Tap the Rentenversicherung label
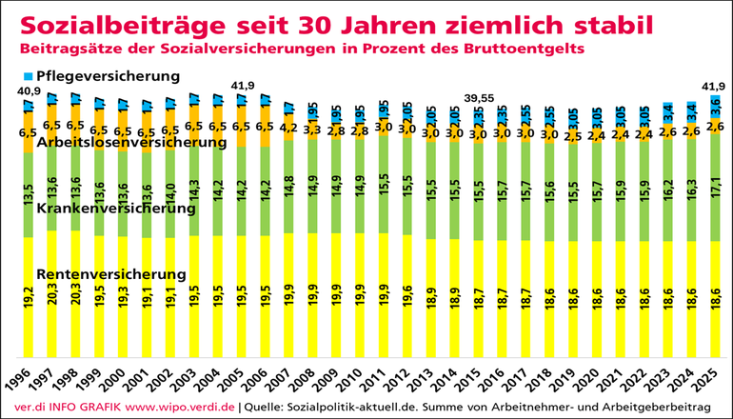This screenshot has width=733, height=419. [111, 274]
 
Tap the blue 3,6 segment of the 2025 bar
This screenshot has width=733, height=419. [713, 106]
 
